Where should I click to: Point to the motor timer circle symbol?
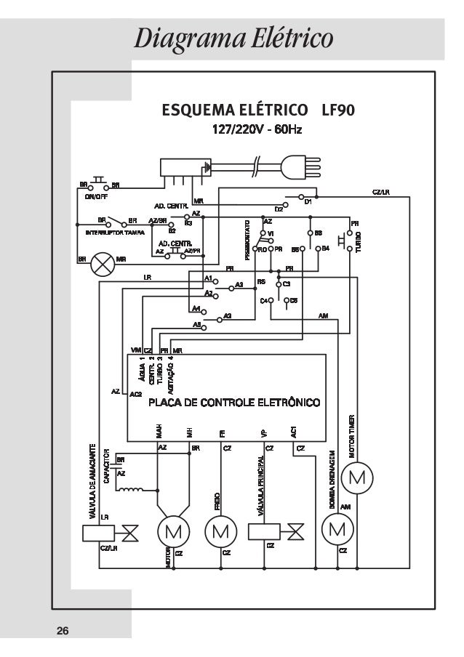[358, 477]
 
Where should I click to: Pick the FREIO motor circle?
[220, 529]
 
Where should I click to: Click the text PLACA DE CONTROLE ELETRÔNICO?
[234, 402]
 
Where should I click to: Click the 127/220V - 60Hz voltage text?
[256, 131]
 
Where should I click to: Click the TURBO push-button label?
[359, 241]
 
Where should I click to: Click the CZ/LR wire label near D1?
[381, 192]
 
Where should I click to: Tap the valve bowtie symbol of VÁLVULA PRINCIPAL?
[295, 531]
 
